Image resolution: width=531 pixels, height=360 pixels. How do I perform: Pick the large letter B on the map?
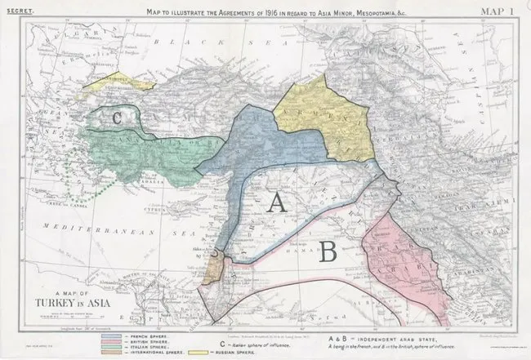[328, 252]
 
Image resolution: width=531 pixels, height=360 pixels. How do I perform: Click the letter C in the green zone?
[117, 118]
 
